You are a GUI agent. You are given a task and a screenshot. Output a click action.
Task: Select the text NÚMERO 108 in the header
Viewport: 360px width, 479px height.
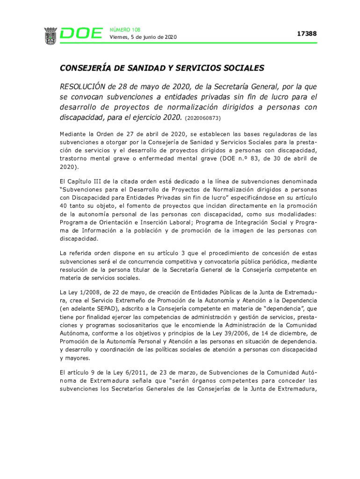(125, 29)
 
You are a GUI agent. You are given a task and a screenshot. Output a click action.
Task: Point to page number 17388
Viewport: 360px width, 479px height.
(307, 34)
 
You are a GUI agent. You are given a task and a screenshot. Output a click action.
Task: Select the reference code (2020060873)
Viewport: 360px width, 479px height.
(203, 118)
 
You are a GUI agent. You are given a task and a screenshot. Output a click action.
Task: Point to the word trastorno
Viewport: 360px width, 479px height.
(75, 159)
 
